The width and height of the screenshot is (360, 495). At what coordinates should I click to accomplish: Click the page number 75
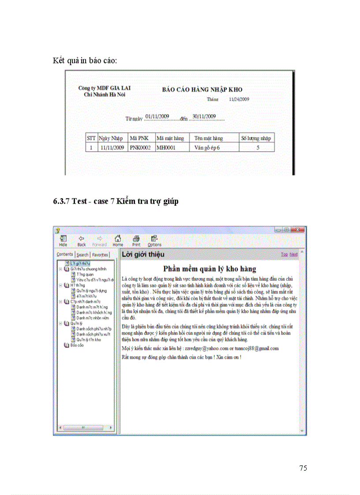pyautogui.click(x=303, y=468)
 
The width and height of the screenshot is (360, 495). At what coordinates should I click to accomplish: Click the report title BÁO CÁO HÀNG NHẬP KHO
pyautogui.click(x=202, y=89)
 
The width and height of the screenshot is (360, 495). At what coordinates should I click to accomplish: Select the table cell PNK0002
pyautogui.click(x=140, y=148)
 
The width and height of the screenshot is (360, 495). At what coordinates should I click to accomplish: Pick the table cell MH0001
pyautogui.click(x=166, y=148)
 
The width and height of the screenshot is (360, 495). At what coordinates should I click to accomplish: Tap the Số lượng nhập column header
pyautogui.click(x=256, y=138)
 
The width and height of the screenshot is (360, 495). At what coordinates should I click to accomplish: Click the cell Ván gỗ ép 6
pyautogui.click(x=207, y=148)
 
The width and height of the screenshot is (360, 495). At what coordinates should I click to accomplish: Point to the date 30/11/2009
pyautogui.click(x=204, y=116)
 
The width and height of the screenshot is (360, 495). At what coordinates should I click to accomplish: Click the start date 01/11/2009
pyautogui.click(x=157, y=116)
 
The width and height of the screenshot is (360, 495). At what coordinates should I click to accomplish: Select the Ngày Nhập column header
pyautogui.click(x=111, y=138)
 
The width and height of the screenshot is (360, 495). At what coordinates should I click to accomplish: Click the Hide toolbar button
pyautogui.click(x=63, y=241)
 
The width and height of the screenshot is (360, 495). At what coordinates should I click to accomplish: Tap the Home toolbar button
pyautogui.click(x=118, y=241)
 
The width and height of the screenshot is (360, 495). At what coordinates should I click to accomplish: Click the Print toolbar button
pyautogui.click(x=136, y=241)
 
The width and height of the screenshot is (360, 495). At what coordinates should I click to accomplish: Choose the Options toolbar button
pyautogui.click(x=154, y=241)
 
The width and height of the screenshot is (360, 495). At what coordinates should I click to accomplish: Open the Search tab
pyautogui.click(x=82, y=255)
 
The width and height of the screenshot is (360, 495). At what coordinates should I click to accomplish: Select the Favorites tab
pyautogui.click(x=100, y=255)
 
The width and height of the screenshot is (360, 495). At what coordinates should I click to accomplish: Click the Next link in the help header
pyautogui.click(x=293, y=254)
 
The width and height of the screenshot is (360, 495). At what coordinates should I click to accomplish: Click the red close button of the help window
pyautogui.click(x=300, y=230)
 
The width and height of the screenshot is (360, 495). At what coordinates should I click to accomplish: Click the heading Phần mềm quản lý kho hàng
pyautogui.click(x=210, y=268)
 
